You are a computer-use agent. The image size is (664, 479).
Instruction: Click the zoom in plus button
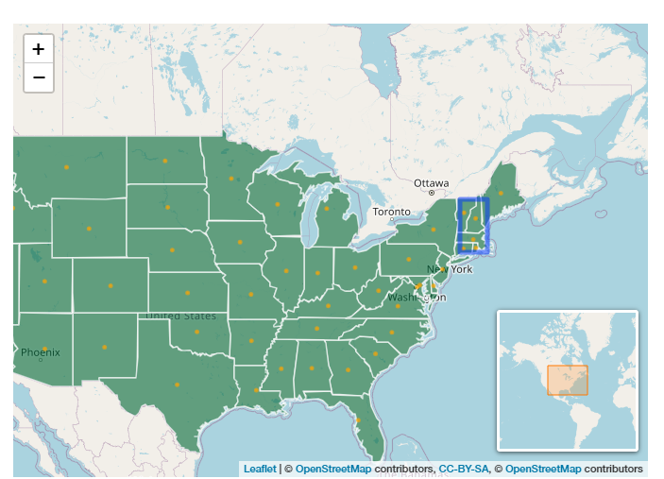(x=38, y=49)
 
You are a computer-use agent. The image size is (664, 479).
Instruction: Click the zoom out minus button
(x=38, y=77)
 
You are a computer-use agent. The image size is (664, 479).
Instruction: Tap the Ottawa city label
(x=432, y=182)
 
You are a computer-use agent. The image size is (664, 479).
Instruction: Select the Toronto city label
(x=392, y=212)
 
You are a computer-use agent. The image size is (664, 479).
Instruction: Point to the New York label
(x=450, y=269)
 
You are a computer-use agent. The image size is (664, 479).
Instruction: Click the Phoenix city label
(x=41, y=352)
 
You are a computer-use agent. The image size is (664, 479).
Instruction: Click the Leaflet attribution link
(x=260, y=469)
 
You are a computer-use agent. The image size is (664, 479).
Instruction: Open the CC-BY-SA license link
(x=463, y=469)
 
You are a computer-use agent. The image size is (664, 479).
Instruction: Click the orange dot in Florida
(x=360, y=420)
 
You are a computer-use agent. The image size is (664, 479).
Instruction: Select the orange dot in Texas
(x=176, y=385)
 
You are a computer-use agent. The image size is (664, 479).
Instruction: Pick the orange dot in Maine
(x=501, y=193)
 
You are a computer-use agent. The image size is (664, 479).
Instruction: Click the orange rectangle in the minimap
(x=567, y=379)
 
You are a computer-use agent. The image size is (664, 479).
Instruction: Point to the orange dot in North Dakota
(x=165, y=161)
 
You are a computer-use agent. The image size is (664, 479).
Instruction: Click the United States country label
(x=180, y=316)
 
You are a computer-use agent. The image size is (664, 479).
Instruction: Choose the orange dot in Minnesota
(x=231, y=178)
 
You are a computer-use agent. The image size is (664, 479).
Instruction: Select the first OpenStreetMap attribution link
(x=332, y=469)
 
